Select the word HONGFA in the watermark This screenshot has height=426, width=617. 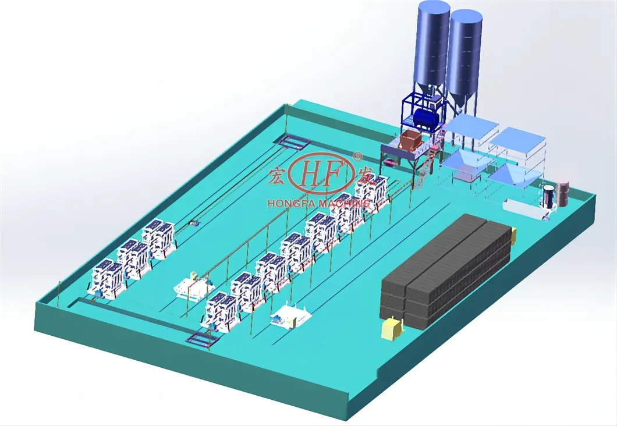[292, 204]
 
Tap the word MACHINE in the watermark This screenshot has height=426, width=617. [345, 203]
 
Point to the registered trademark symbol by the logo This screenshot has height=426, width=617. [357, 156]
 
